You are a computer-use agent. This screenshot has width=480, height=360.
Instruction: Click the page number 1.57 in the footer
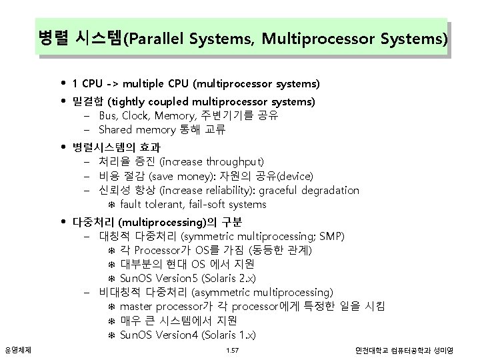(x=232, y=350)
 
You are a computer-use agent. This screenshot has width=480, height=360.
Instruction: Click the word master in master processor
(x=137, y=306)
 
